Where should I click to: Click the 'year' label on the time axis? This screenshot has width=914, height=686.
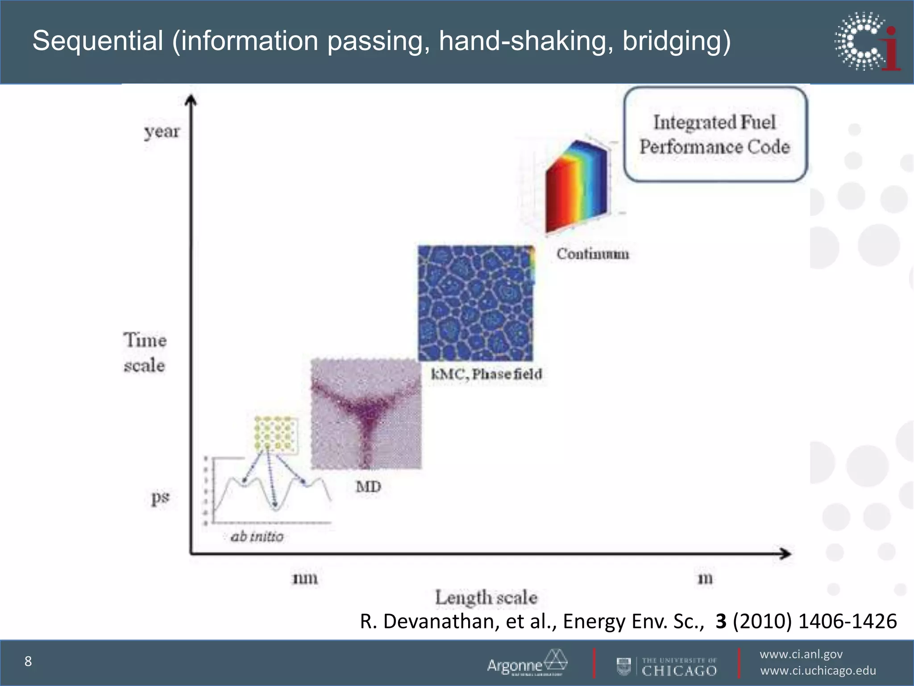click(x=162, y=132)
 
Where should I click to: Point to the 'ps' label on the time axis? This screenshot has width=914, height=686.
click(x=160, y=497)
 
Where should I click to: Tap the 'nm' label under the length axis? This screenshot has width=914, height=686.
click(x=305, y=578)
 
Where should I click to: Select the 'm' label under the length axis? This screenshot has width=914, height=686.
click(x=705, y=578)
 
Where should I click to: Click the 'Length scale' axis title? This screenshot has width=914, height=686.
click(x=486, y=598)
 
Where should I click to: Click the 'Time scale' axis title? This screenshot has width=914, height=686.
click(x=145, y=353)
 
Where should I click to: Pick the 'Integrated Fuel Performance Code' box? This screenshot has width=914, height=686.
click(x=715, y=134)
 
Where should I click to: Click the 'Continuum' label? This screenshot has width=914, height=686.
click(x=592, y=254)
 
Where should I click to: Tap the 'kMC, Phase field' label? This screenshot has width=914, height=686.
click(x=486, y=374)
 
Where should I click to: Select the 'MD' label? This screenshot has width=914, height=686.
click(x=368, y=486)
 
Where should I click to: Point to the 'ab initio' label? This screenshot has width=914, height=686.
click(x=257, y=536)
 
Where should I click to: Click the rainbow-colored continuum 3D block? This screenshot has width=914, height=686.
click(x=576, y=188)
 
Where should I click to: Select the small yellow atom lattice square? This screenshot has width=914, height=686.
click(x=276, y=435)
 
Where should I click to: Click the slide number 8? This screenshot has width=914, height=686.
click(x=28, y=661)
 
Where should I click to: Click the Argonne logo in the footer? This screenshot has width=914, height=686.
click(x=527, y=663)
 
